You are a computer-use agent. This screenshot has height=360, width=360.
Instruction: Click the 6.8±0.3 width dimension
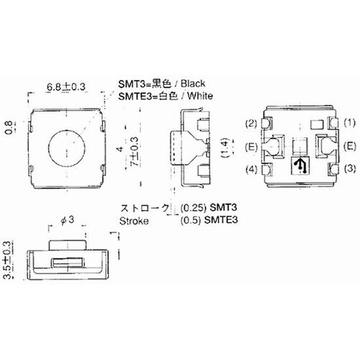click(66, 87)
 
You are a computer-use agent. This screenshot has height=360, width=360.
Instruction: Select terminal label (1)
click(349, 123)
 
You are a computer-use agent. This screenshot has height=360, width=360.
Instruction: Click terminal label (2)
click(251, 123)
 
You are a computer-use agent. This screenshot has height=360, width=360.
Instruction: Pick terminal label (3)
click(349, 170)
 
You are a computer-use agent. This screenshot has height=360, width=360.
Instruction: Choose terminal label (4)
click(251, 170)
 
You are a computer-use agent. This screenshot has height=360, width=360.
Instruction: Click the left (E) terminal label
click(251, 146)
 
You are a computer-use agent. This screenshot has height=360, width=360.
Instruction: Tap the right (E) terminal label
click(349, 146)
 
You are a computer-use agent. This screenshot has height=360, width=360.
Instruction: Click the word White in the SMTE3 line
click(198, 96)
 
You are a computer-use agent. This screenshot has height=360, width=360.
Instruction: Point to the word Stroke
click(134, 222)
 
